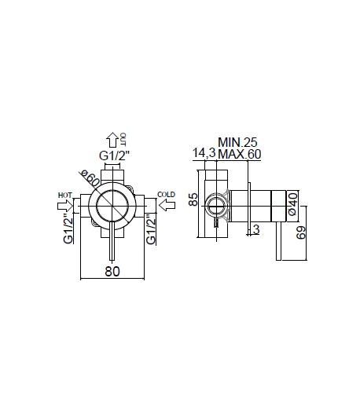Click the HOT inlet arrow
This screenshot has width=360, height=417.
(x=65, y=206)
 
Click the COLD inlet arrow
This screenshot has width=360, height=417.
(x=167, y=205)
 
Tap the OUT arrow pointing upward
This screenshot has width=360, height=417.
(x=112, y=140)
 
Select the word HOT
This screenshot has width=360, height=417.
(x=65, y=196)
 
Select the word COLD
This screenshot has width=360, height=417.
(x=166, y=195)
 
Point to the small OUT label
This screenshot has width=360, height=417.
(x=123, y=139)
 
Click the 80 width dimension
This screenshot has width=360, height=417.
(x=112, y=272)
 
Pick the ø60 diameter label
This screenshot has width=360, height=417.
(x=90, y=178)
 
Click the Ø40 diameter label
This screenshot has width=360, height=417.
(x=292, y=204)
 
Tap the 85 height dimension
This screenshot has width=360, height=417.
(x=193, y=199)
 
